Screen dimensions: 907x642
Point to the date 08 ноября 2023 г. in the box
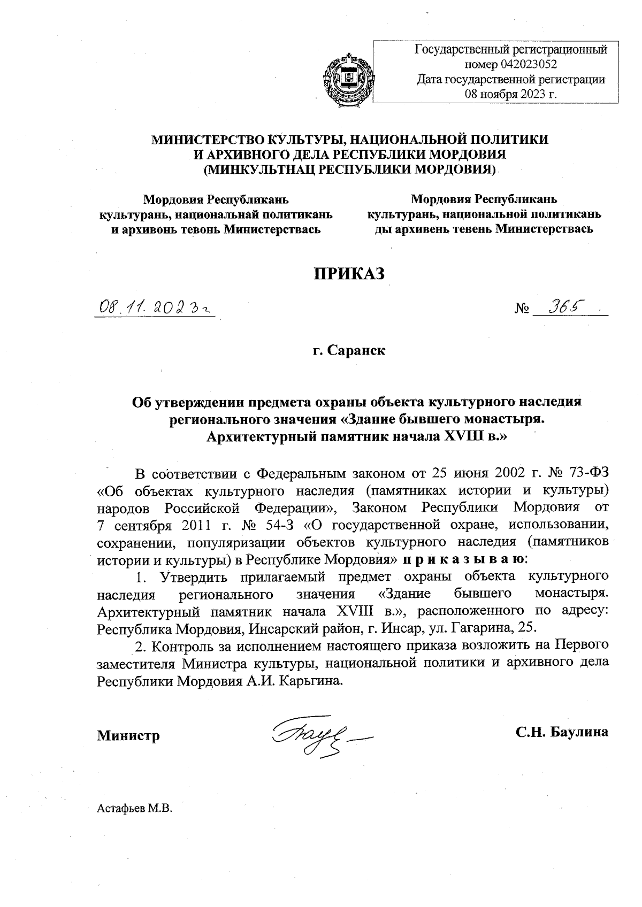(511, 95)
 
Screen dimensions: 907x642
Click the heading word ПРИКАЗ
(349, 273)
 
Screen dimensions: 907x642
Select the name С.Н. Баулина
(562, 732)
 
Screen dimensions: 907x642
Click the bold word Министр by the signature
(128, 736)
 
